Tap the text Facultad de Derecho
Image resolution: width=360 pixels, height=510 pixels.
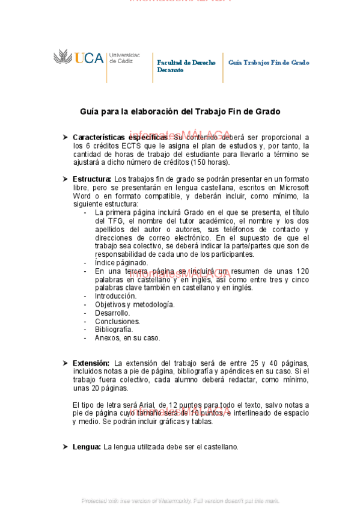(x=186, y=63)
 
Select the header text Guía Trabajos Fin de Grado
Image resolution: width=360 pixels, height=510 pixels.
(x=269, y=63)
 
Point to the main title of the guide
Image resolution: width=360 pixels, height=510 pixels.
(x=180, y=112)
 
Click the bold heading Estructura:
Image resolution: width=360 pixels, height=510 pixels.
(x=92, y=179)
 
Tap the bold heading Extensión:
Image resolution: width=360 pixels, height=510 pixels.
(x=91, y=363)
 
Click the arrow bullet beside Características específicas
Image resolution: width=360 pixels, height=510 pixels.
(x=65, y=137)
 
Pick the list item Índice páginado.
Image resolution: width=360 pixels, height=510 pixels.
(x=121, y=263)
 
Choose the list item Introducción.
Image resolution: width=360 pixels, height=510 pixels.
(x=115, y=296)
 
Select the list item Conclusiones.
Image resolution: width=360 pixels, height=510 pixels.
(x=117, y=321)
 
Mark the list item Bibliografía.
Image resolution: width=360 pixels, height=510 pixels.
(x=114, y=330)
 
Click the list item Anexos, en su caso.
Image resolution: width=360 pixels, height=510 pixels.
(x=127, y=338)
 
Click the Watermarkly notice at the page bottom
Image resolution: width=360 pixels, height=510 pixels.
(x=180, y=500)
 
